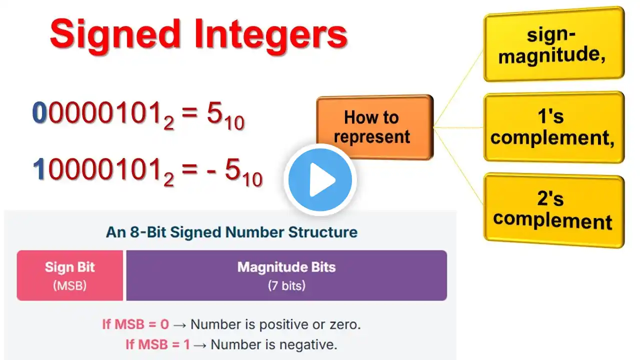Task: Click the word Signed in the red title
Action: [115, 35]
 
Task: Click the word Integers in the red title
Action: [270, 35]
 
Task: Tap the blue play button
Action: [320, 180]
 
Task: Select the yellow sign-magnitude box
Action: [554, 44]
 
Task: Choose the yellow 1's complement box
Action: [554, 127]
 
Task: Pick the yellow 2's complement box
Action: [554, 210]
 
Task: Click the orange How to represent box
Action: [375, 127]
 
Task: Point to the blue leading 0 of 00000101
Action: [39, 112]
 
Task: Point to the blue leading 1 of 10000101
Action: [39, 169]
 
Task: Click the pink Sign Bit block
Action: [69, 275]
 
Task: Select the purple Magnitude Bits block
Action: [286, 275]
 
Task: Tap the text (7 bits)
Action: [286, 285]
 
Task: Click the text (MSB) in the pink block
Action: [69, 285]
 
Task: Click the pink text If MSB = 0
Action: [135, 324]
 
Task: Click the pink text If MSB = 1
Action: [157, 344]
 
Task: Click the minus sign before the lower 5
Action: [211, 171]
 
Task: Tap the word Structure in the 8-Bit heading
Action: [323, 232]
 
